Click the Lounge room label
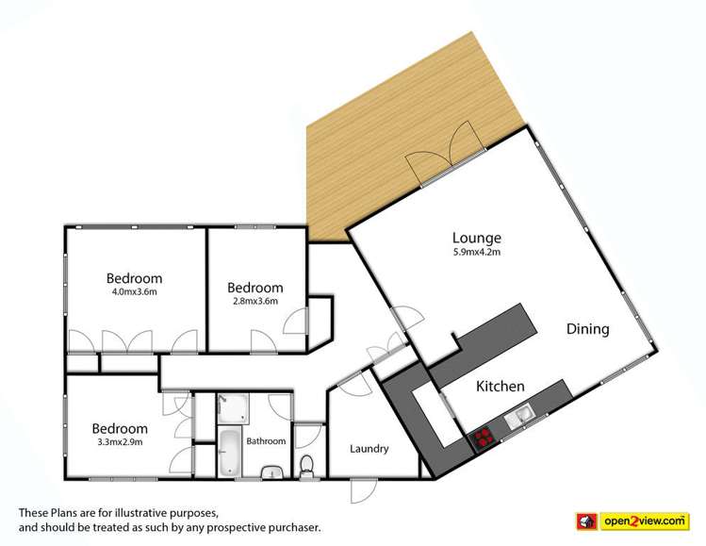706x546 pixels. click(476, 238)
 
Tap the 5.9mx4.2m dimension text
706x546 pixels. click(476, 253)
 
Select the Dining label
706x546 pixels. click(587, 329)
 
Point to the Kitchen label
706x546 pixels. click(500, 386)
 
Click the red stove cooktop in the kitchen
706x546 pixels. click(484, 436)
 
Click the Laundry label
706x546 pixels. click(369, 449)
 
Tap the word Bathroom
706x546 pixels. click(266, 440)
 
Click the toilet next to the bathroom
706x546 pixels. click(306, 465)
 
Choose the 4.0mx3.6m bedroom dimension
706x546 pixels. click(134, 292)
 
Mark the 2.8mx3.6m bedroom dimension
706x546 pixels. click(254, 302)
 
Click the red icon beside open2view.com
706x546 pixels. click(587, 520)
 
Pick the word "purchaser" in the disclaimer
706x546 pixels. click(290, 526)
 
